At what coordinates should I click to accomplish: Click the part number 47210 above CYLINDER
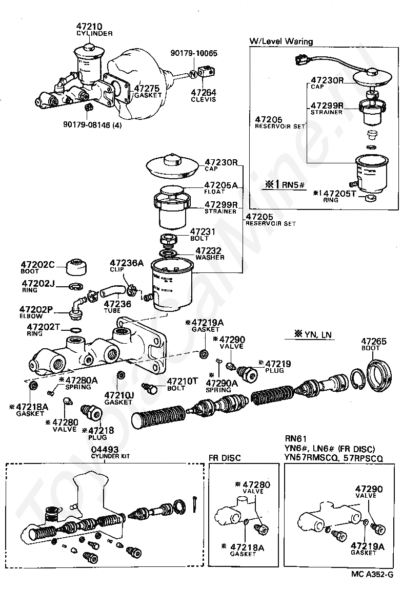[x=89, y=27]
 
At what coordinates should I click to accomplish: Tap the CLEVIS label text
[x=204, y=100]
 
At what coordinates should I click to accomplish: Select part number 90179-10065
[x=194, y=53]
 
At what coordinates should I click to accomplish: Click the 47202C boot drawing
[x=76, y=267]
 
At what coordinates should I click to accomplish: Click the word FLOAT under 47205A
[x=214, y=192]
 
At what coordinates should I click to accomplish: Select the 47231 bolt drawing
[x=169, y=240]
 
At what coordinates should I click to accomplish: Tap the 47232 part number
[x=208, y=251]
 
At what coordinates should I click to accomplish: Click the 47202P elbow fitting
[x=76, y=307]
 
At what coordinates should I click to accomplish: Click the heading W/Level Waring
[x=282, y=41]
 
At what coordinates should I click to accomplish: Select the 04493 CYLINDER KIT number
[x=105, y=450]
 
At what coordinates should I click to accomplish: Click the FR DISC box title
[x=225, y=458]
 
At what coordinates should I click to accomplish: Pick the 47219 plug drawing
[x=247, y=373]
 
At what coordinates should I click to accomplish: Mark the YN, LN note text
[x=314, y=334]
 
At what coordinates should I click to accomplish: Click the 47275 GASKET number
[x=147, y=89]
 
